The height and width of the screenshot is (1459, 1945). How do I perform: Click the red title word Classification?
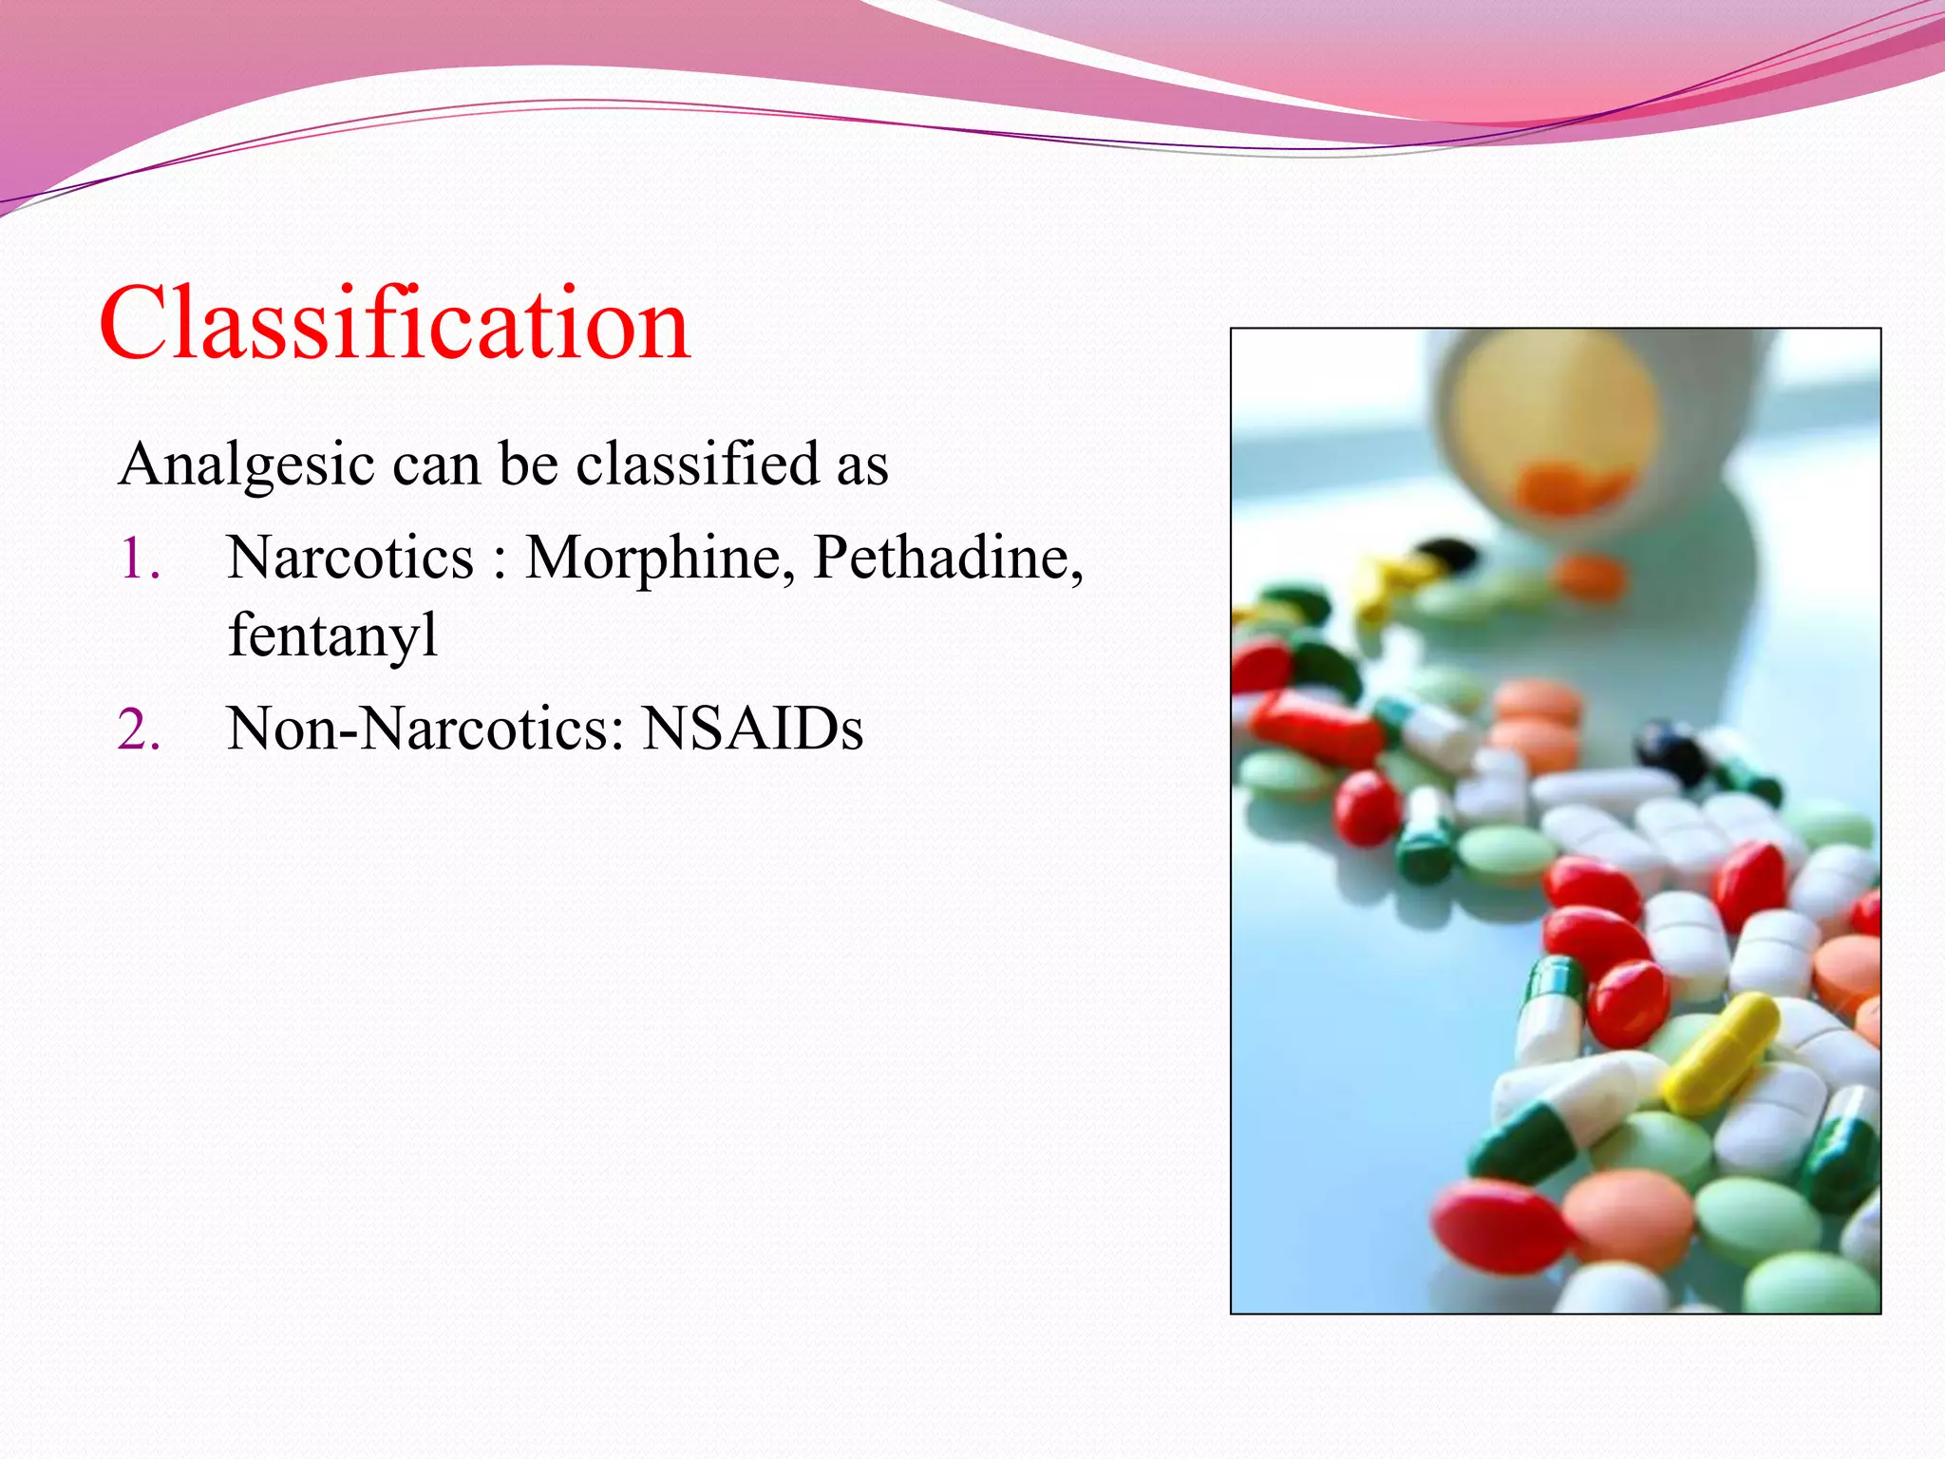[x=394, y=325]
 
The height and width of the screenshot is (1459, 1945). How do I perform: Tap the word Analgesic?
[x=246, y=464]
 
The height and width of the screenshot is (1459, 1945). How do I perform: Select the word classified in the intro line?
[x=697, y=464]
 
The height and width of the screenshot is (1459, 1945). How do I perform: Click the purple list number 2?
[x=139, y=730]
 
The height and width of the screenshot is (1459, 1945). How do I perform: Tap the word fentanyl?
[x=332, y=635]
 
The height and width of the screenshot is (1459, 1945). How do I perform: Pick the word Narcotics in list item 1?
[x=350, y=558]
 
